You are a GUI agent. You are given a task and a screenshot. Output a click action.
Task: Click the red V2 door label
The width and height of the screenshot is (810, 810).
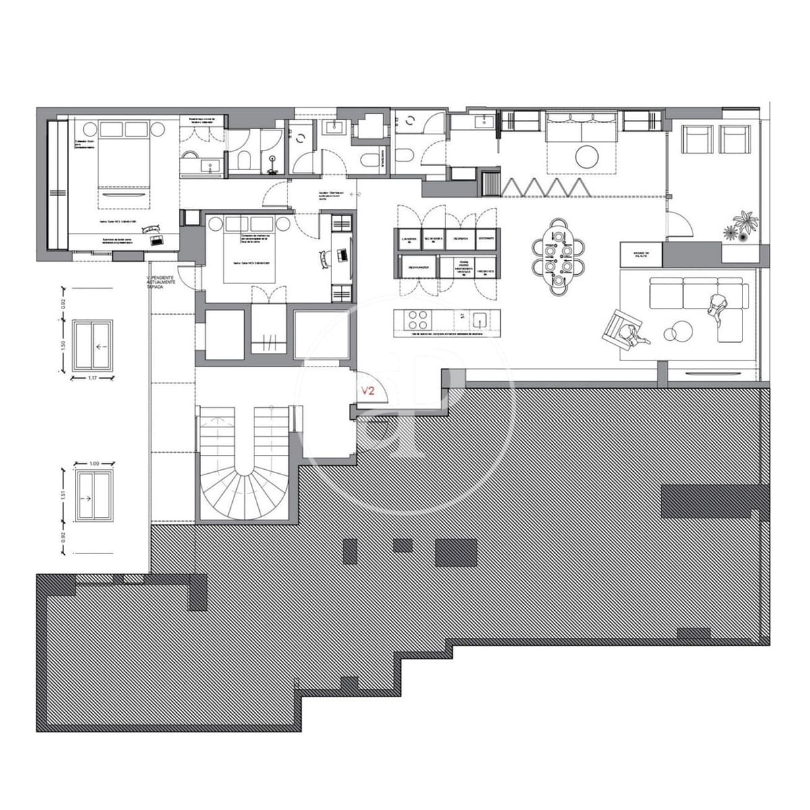pos(368,390)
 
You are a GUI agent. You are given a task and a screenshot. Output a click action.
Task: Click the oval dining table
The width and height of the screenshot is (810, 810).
pos(558,256)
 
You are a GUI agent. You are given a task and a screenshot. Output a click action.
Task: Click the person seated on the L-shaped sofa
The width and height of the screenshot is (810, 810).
pos(716,306)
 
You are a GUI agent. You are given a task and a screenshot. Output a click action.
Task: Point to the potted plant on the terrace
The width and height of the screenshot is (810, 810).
pos(745,225)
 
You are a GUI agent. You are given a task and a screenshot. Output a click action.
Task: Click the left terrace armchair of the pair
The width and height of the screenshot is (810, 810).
pos(697,140)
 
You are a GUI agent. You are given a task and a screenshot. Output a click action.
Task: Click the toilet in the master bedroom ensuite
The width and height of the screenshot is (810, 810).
pos(244,159)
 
